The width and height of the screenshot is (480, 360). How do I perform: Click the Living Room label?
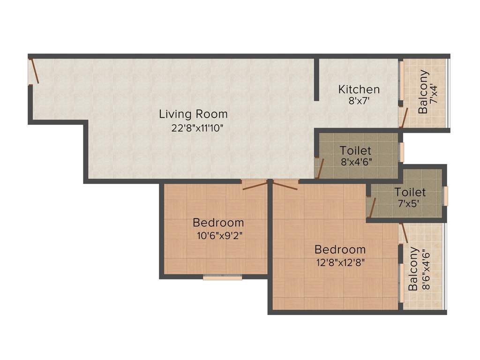193,114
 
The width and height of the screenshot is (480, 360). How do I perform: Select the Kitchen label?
359,89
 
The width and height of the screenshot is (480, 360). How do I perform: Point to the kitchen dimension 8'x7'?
359,101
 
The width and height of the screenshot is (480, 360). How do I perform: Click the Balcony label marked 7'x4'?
423,92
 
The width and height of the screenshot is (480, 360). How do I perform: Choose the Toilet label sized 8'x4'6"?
356,150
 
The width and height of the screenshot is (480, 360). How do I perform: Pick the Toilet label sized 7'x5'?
410,192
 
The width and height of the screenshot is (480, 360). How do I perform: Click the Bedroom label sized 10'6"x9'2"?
218,223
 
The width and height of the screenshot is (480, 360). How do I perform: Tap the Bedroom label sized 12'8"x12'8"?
340,249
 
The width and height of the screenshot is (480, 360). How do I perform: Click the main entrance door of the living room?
33,71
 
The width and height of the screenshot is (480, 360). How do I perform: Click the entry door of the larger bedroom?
285,185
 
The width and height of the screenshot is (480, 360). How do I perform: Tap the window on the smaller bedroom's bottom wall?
223,277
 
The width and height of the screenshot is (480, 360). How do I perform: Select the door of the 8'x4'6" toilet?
319,169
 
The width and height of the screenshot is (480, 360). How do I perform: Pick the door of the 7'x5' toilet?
372,207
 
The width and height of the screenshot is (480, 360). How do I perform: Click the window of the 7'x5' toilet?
445,196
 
